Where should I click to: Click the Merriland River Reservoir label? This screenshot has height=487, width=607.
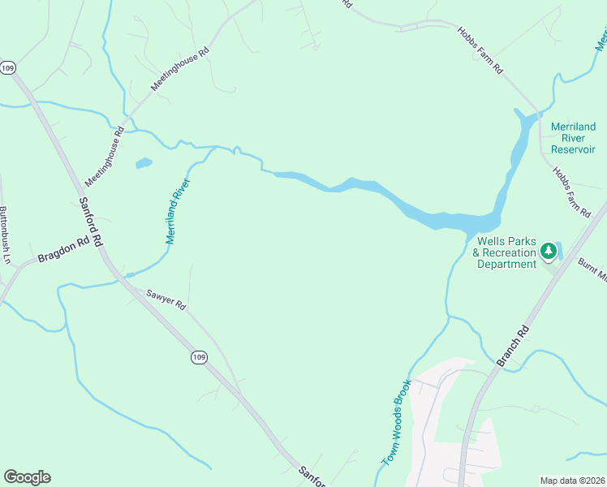point(573,138)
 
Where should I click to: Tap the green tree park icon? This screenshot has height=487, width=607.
point(549,251)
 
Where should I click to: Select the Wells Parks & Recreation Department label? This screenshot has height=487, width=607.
point(506,252)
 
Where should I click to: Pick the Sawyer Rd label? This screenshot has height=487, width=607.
point(166,300)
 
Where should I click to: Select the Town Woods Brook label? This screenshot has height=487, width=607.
point(398,423)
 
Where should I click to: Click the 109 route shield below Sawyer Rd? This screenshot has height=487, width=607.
point(199,357)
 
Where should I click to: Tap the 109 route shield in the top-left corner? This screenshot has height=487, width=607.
point(8,68)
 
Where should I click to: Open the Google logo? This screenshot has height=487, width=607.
point(27,477)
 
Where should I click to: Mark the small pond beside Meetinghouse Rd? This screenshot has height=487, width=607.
point(144,163)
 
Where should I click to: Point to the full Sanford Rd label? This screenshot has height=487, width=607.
point(90,222)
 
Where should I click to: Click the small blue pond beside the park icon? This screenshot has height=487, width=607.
point(558,252)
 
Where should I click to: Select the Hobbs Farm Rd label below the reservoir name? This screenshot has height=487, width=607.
point(572,192)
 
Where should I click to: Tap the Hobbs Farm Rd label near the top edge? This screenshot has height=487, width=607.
point(480,51)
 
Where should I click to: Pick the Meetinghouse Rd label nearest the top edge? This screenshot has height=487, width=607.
point(180,67)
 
